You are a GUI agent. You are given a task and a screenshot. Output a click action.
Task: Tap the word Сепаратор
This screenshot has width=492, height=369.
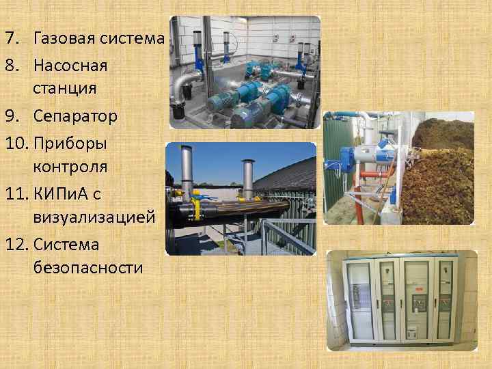click(x=75, y=116)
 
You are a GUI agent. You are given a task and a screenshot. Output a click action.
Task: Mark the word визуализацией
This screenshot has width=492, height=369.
click(x=93, y=217)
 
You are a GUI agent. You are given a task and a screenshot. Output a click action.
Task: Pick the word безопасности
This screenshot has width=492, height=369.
click(x=87, y=267)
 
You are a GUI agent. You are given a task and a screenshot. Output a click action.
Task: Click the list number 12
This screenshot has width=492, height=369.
click(x=16, y=244)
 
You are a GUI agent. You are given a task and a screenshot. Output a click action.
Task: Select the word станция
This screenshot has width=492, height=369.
click(x=64, y=88)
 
